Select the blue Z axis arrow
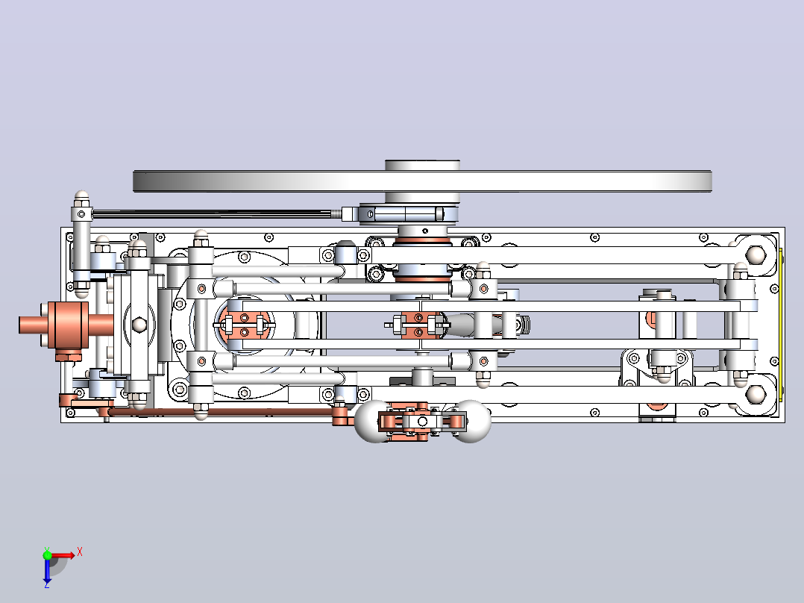coord(47,569)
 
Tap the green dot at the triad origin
coord(47,555)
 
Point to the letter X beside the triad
coord(80,552)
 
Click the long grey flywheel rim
coord(422,181)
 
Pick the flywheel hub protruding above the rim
coord(422,165)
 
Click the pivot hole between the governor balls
coord(422,422)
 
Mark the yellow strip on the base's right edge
coord(780,325)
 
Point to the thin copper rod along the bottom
coord(222,412)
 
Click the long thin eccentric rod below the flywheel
coord(216,213)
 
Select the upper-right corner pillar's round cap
coord(756,254)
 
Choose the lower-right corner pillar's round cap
coord(756,394)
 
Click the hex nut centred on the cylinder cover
coord(139,325)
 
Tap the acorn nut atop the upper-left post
coord(81,196)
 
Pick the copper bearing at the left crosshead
coord(245,325)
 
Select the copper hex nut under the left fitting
coord(68,355)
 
